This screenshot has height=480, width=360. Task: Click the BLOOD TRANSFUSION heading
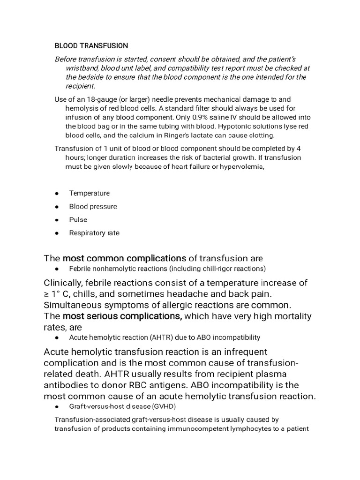coord(91,46)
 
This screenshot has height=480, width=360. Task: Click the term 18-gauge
coord(100,100)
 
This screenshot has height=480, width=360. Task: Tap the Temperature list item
coord(89,193)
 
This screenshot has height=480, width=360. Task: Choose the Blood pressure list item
coord(93,206)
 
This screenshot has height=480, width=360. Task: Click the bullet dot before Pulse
coord(57,220)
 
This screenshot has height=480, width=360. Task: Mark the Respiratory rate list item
coord(94,233)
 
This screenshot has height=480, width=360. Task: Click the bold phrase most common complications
coord(124,258)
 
